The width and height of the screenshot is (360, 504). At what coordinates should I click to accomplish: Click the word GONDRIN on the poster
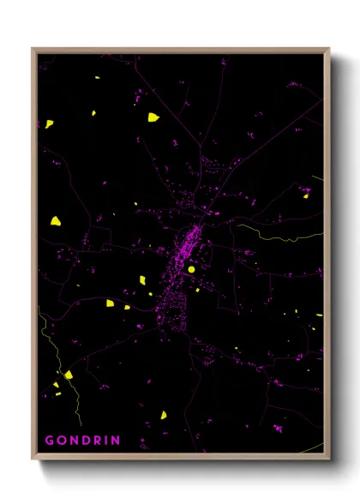tap(82, 441)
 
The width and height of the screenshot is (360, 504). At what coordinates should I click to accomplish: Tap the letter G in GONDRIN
tap(50, 441)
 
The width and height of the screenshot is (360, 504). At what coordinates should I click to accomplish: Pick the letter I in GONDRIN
tap(106, 441)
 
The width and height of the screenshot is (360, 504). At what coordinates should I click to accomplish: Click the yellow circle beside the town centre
tap(192, 269)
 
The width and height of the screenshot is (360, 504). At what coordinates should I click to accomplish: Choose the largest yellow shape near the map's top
tap(153, 117)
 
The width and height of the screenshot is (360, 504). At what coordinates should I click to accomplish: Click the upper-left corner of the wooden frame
tap(33, 49)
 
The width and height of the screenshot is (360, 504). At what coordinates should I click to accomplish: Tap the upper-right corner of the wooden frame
tap(328, 49)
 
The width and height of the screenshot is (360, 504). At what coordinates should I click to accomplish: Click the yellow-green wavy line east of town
tap(274, 234)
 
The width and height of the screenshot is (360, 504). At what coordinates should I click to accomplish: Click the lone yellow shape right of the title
tap(163, 415)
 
